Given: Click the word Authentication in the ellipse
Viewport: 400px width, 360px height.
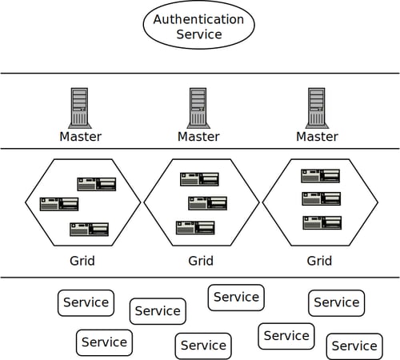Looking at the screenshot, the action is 198,19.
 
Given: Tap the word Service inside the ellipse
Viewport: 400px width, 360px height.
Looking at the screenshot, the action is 199,34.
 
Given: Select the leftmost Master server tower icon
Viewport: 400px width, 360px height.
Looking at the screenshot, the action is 80,108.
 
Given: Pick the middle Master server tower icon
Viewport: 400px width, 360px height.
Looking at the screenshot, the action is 198,108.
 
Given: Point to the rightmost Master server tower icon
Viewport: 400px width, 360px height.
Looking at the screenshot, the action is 317,108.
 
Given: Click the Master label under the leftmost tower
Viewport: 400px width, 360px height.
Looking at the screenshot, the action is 81,137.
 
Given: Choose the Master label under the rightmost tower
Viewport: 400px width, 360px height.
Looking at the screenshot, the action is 318,137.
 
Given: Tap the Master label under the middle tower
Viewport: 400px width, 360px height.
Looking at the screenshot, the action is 198,137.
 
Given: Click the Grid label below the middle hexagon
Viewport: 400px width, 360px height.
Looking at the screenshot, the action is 201,261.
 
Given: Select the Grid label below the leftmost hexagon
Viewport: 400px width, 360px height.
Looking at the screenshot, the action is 82,261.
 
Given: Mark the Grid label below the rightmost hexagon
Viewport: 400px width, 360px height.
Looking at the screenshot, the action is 319,261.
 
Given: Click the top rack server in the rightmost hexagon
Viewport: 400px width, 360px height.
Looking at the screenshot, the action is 321,176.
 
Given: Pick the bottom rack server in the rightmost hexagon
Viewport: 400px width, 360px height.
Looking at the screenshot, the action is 322,222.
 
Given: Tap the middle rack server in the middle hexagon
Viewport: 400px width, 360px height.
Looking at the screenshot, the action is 207,203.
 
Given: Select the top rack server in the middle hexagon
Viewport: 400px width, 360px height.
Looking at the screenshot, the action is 199,179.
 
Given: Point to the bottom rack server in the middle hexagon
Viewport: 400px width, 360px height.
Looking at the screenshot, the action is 195,228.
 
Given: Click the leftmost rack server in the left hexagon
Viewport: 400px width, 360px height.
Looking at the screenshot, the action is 59,204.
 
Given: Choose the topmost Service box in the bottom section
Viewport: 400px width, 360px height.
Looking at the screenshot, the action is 236,298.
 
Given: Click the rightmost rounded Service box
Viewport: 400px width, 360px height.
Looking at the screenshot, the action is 354,346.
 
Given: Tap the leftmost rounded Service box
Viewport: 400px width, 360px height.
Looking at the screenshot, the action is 86,303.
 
